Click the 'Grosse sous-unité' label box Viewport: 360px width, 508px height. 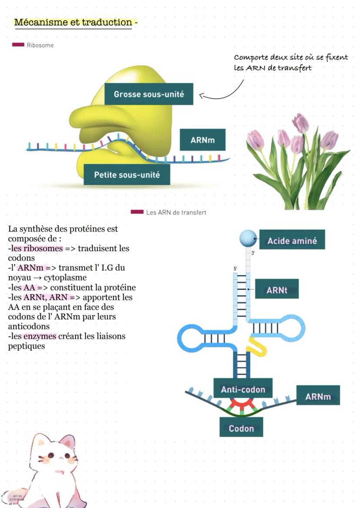click(149, 94)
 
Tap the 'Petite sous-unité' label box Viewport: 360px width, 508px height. click(127, 175)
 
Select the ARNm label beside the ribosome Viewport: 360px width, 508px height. click(203, 140)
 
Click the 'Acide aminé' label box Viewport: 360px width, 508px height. click(292, 240)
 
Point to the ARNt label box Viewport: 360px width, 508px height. click(277, 289)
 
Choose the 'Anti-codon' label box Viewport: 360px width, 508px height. click(243, 389)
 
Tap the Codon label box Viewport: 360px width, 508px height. click(241, 428)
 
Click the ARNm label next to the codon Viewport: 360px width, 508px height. click(318, 396)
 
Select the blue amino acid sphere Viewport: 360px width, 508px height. click(247, 239)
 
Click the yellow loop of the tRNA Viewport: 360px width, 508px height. click(256, 346)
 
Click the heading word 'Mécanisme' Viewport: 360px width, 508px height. click(40, 22)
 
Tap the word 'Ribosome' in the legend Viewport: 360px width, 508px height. click(40, 45)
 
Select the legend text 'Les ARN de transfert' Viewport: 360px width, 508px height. click(176, 212)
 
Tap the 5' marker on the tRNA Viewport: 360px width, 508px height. click(235, 269)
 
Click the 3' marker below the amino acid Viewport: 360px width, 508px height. click(253, 253)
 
